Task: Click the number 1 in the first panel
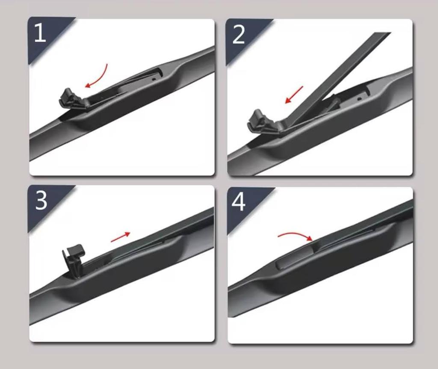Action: [40, 33]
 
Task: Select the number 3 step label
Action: [41, 201]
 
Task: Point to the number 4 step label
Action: [239, 202]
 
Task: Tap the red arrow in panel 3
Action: [120, 237]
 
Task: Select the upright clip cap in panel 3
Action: [73, 257]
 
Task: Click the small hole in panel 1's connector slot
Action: [154, 79]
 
